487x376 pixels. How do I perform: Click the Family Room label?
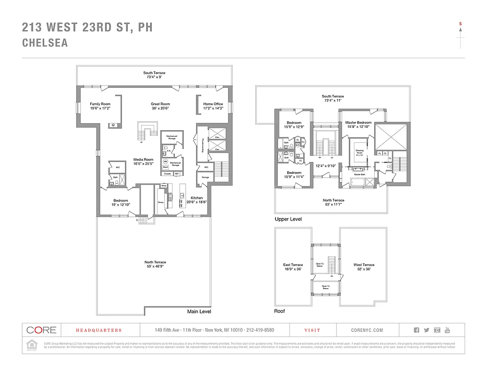100,104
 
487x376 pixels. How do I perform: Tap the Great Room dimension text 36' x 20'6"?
160,108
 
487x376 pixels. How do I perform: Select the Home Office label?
213,104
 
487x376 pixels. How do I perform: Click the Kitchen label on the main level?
196,198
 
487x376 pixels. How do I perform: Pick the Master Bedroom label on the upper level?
358,123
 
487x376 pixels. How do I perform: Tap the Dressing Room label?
360,152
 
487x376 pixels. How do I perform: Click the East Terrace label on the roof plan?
293,265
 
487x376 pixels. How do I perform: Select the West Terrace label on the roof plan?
364,265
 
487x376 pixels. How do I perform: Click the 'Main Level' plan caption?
199,312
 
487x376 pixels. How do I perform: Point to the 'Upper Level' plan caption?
288,219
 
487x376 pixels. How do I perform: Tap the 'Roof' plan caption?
279,311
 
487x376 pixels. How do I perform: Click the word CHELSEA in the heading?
45,43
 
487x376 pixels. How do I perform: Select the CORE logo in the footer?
41,330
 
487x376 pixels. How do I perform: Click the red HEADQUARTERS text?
99,330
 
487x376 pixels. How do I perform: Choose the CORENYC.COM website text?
367,330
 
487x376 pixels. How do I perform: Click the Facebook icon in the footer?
416,330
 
